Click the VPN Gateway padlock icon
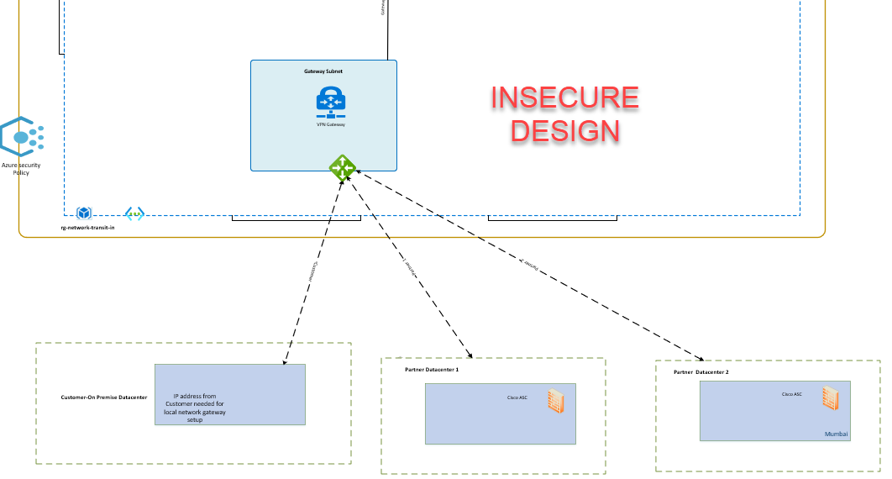(331, 102)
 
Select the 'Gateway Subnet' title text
(323, 71)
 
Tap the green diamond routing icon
(342, 167)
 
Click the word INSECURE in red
(564, 98)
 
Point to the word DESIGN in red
(565, 130)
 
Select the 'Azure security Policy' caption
(21, 169)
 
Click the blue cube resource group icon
(84, 213)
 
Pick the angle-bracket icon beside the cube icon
(134, 213)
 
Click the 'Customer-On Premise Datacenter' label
(104, 397)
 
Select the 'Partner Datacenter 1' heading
(426, 370)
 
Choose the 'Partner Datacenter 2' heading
(701, 371)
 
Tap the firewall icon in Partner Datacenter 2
(831, 397)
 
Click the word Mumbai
(837, 434)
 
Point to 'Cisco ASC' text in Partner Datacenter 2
(791, 394)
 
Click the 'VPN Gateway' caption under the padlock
(330, 124)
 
